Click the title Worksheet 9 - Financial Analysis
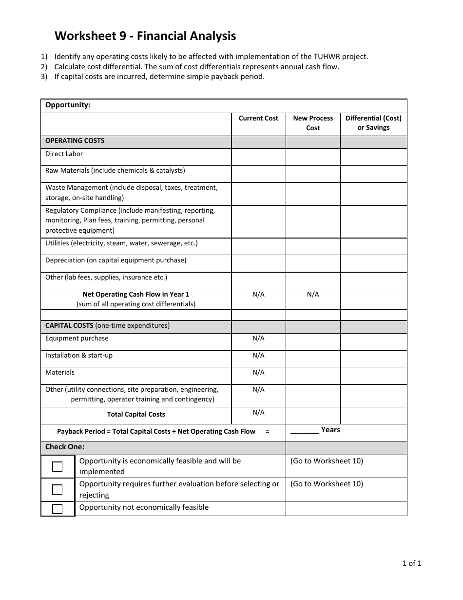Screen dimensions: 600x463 (x=145, y=36)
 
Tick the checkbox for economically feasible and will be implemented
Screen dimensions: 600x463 (x=58, y=467)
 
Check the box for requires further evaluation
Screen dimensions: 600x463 (x=58, y=489)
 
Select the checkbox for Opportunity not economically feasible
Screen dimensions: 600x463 (x=58, y=509)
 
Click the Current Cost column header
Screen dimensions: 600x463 (x=258, y=119)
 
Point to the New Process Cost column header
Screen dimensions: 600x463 (x=313, y=123)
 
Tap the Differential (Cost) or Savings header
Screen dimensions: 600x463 (x=373, y=123)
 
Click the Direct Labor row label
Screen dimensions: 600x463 (x=64, y=154)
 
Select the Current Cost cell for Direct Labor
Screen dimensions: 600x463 (x=258, y=157)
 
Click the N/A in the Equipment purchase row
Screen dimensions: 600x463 (x=258, y=339)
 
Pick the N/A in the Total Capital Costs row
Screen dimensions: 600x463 (x=258, y=413)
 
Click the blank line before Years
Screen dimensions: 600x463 (x=305, y=431)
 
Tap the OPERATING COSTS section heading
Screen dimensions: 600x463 (x=75, y=141)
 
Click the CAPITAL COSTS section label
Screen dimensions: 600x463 (x=69, y=326)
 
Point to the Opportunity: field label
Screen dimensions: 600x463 (x=68, y=105)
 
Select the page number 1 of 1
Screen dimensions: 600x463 (x=412, y=563)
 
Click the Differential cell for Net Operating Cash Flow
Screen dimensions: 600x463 (x=373, y=299)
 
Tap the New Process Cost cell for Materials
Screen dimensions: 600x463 (x=313, y=375)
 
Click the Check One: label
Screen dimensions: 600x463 (x=65, y=447)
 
